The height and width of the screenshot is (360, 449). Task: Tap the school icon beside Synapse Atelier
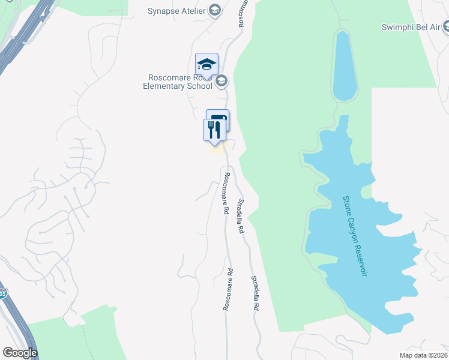click(x=215, y=10)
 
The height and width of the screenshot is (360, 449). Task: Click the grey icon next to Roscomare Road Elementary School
click(x=221, y=80)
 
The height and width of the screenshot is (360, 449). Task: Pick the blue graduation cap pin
click(x=206, y=64)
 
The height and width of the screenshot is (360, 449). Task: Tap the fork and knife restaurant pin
click(x=214, y=130)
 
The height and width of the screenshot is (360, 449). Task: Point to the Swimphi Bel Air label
click(x=410, y=27)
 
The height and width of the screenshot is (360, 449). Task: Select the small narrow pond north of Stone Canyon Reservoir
click(x=345, y=66)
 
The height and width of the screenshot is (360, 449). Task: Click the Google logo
click(x=20, y=352)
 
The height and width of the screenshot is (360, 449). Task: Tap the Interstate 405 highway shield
click(x=3, y=293)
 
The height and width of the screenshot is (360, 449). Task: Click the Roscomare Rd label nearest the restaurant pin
click(x=226, y=194)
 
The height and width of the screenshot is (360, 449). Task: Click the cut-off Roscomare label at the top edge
click(x=241, y=14)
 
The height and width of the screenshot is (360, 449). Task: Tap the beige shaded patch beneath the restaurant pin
click(x=216, y=148)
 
